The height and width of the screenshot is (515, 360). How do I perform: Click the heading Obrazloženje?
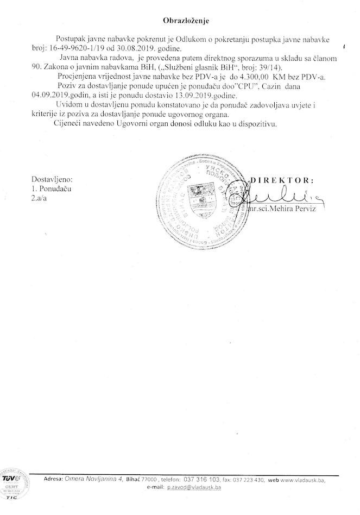tap(186, 20)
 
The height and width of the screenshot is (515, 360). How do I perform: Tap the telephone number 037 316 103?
tap(201, 480)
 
